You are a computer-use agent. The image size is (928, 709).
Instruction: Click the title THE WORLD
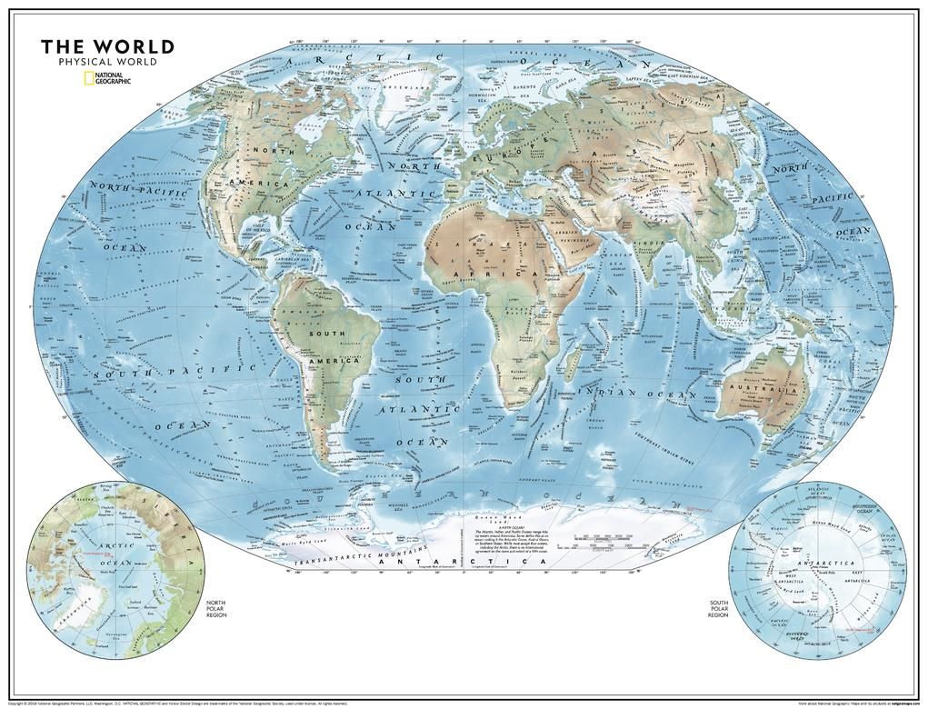tap(107, 47)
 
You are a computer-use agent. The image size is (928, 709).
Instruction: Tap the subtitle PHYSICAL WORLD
tap(107, 62)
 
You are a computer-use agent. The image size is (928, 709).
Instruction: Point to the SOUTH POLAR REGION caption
tap(718, 609)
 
